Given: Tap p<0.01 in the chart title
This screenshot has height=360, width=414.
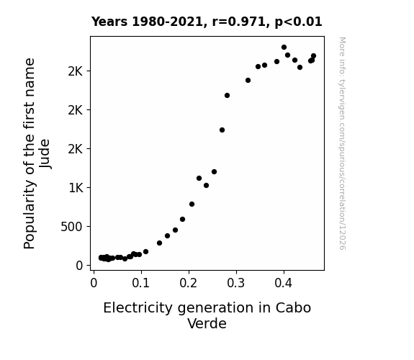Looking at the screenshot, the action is [298, 22].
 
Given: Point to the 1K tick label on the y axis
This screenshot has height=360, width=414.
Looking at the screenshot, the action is [76, 188].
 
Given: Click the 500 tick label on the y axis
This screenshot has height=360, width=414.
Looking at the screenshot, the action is [71, 227].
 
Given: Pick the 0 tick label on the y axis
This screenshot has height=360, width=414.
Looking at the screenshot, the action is [79, 266].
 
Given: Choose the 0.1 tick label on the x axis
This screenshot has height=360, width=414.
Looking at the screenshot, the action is [140, 283].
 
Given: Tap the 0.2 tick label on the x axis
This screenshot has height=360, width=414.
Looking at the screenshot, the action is [188, 283].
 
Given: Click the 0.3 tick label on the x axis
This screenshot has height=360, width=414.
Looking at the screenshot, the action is [235, 283].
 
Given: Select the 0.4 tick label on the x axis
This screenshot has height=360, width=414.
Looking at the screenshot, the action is [283, 283].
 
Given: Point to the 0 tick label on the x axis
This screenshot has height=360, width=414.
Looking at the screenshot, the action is [94, 283].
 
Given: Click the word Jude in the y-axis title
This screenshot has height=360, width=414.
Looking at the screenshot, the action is [45, 153].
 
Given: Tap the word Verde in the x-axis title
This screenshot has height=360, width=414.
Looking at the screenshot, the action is [207, 323].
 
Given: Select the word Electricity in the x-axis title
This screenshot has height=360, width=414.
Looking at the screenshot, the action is [138, 308].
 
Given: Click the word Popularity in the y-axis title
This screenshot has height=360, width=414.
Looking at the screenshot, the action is [30, 215].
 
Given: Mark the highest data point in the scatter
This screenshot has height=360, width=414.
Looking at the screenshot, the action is [284, 48].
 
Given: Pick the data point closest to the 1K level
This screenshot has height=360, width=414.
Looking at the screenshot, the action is [206, 186].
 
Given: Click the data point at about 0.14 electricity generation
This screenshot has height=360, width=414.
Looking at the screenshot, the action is [159, 243].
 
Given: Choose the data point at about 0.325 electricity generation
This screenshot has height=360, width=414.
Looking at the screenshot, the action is [248, 81].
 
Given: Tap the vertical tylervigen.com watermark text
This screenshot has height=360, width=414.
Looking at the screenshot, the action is [342, 143].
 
